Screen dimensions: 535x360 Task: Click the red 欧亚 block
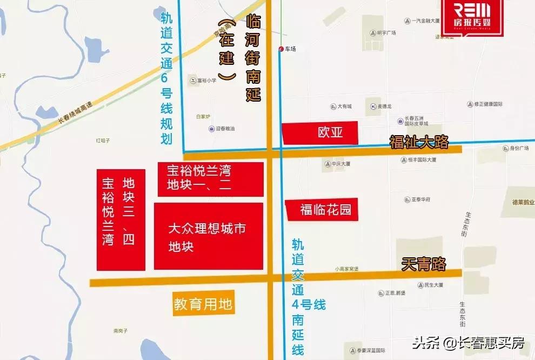(x=320, y=133)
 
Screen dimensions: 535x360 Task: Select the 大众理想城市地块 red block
(x=209, y=236)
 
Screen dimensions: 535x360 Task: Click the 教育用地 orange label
(x=203, y=305)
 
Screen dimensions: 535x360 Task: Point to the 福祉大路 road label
(x=419, y=142)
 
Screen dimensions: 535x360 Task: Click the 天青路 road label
(x=424, y=264)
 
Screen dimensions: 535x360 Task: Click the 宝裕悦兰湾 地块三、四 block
(x=121, y=219)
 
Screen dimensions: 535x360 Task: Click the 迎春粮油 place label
(x=222, y=129)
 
